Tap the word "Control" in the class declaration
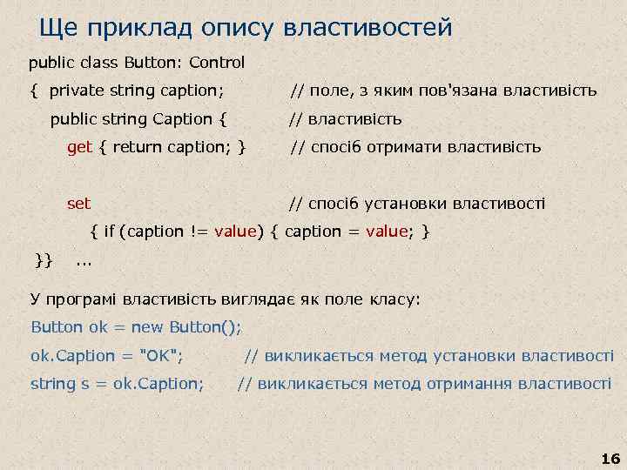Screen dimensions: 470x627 click(217, 63)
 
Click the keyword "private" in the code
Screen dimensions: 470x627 click(76, 91)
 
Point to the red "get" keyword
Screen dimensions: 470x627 click(79, 147)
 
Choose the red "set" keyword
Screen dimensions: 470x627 click(79, 204)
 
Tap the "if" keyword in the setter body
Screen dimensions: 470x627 click(109, 232)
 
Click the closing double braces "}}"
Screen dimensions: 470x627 click(44, 258)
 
